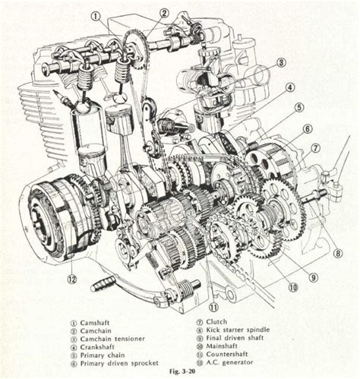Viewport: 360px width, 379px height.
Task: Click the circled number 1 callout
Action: (96, 17)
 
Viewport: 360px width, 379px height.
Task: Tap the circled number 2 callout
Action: (164, 13)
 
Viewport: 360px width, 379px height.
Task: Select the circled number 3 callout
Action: (281, 62)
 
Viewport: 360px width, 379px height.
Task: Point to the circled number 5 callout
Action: (298, 107)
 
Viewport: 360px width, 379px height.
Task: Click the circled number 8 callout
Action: (338, 253)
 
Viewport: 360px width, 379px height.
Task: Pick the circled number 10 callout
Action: (293, 287)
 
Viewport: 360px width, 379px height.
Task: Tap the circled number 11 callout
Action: (213, 307)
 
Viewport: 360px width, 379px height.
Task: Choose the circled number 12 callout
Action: (72, 280)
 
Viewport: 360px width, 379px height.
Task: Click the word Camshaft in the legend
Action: (95, 323)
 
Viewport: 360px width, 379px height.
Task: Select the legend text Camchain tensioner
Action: (112, 339)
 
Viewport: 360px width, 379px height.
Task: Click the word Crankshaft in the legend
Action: (97, 347)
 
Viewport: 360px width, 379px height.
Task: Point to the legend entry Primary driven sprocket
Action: (119, 363)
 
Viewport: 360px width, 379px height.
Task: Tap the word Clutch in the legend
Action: (216, 322)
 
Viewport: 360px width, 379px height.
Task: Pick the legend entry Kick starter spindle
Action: (238, 330)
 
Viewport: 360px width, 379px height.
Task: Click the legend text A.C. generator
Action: (229, 362)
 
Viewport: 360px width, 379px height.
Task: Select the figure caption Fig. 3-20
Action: (182, 371)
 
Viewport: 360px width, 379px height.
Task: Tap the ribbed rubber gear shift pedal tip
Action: (103, 283)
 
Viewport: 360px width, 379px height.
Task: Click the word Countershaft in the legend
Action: (227, 354)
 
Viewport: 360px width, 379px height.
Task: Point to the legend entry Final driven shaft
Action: (235, 338)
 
